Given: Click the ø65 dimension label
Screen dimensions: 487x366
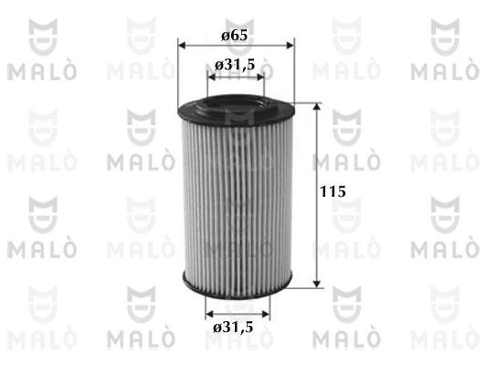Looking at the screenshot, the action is pos(235,35).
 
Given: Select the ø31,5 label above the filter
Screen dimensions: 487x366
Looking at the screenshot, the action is pos(235,65).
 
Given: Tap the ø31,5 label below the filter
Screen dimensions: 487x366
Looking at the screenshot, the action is pos(233,328).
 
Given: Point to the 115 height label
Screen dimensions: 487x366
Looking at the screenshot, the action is pos(333,191).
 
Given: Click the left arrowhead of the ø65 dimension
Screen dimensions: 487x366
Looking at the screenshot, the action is pos(182,46).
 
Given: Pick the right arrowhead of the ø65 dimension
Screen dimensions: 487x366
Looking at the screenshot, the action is pos(290,46).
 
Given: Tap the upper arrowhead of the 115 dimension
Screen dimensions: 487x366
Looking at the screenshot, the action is pos(316,107).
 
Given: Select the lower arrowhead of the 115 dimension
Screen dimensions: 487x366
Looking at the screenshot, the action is pos(316,284).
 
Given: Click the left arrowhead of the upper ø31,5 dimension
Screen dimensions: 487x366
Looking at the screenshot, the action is pos(211,77).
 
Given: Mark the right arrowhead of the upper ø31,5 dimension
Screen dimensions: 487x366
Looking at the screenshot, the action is pos(259,77).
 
